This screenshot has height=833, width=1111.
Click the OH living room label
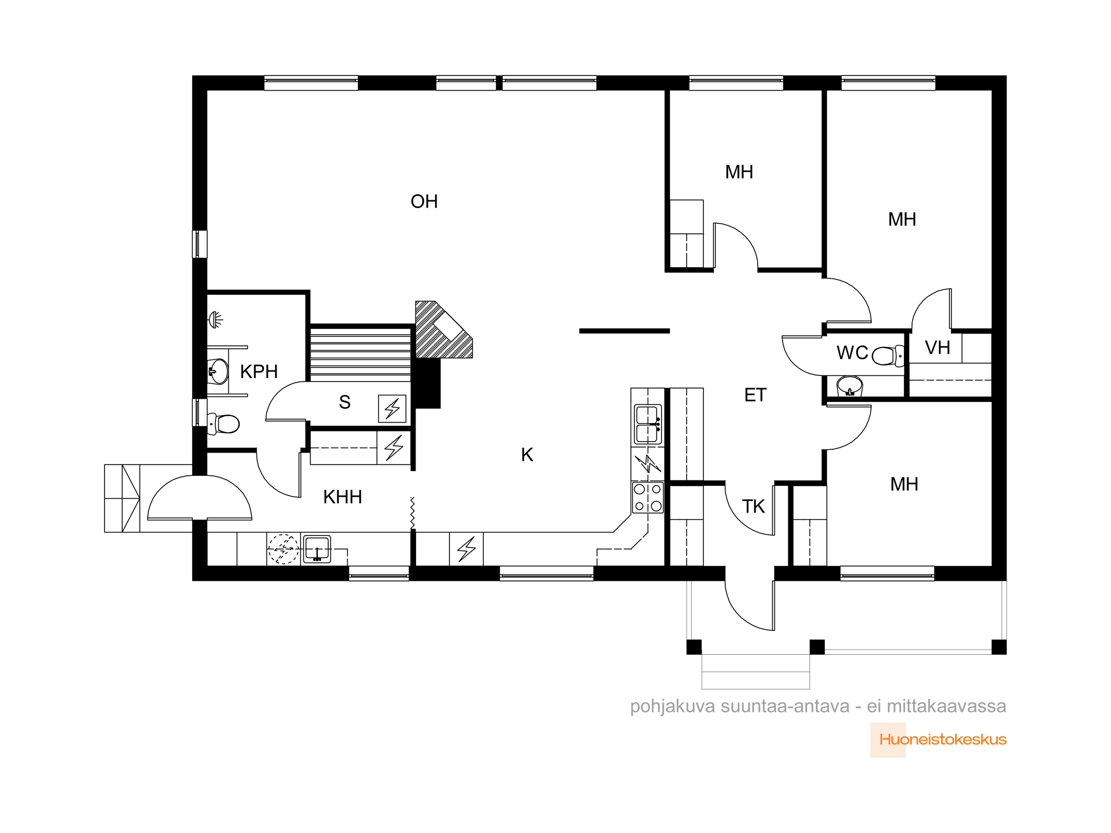point(424,202)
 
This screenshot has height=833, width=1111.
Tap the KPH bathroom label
point(259,372)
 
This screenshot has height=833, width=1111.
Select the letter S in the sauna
point(344,402)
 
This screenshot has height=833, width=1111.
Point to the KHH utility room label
point(342,497)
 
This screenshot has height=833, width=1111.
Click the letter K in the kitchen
point(527,455)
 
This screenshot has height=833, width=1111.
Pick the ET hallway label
point(755,395)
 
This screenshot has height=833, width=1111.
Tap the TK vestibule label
point(753,506)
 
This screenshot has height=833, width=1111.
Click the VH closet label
point(938,348)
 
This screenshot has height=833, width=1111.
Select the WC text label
point(852,353)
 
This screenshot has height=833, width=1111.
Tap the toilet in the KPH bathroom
point(223,424)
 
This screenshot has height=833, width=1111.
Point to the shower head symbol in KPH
point(216,320)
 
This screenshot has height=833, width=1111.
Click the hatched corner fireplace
point(443,330)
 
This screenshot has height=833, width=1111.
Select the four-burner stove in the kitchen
point(648,497)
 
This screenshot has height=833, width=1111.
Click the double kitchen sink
point(648,424)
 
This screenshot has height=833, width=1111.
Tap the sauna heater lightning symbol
point(392,409)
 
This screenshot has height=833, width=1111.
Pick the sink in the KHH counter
point(317,549)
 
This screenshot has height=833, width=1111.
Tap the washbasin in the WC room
point(850,386)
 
